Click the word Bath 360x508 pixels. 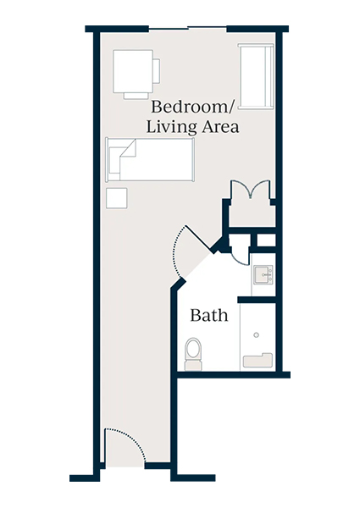[208, 316]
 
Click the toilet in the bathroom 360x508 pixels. [193, 352]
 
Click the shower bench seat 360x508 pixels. [258, 361]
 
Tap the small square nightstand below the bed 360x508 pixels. [117, 198]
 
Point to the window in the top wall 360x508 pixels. [188, 28]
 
